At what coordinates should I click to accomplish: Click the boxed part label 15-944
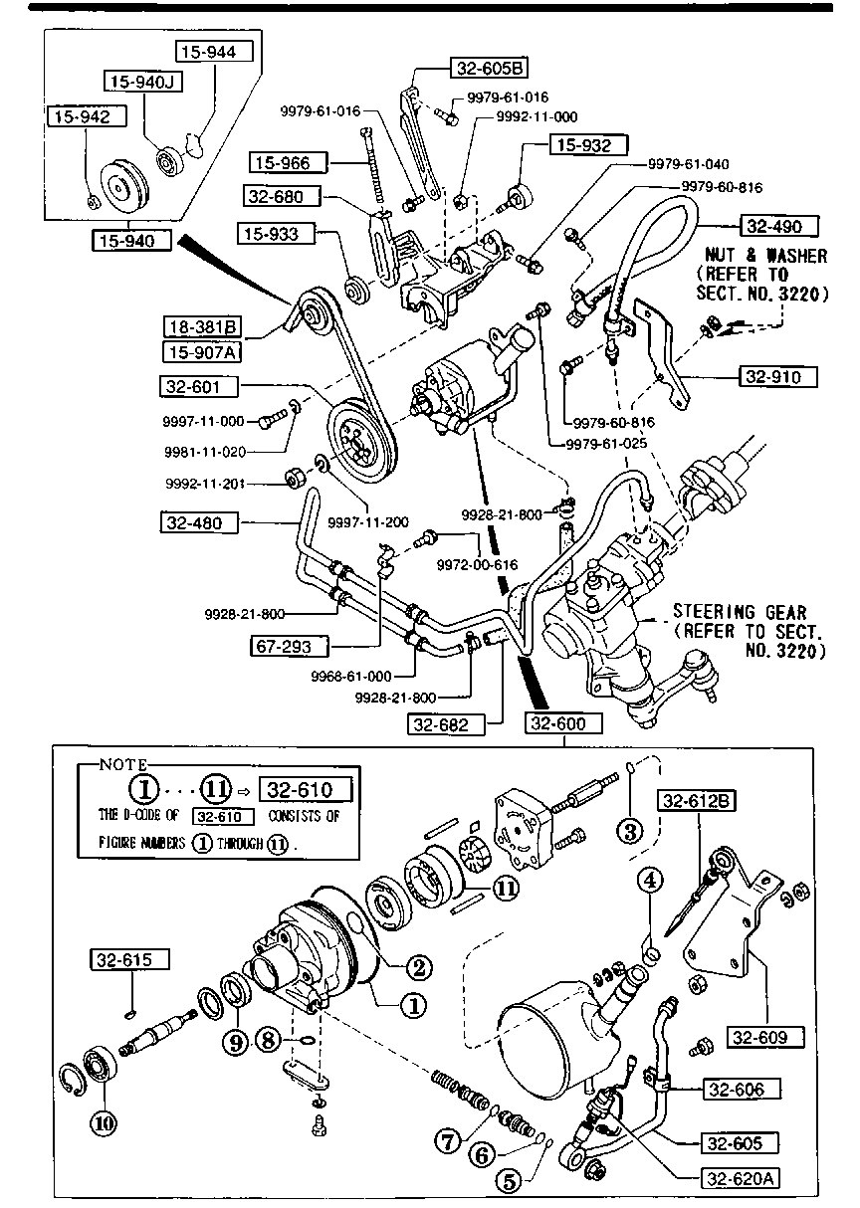216,51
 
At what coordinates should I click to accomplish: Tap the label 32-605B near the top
490,69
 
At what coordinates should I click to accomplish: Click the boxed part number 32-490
778,226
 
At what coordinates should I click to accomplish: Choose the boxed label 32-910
778,376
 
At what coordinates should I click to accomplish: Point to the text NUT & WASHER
764,256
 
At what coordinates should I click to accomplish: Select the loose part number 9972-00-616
478,564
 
